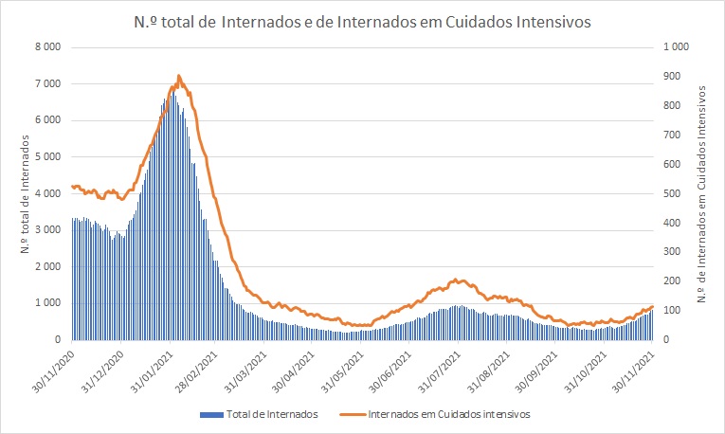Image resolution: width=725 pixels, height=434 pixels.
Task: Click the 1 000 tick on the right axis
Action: point(676,47)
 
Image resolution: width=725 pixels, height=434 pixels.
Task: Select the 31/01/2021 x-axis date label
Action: point(155,367)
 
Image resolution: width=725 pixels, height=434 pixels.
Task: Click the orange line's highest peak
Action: point(179,76)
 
